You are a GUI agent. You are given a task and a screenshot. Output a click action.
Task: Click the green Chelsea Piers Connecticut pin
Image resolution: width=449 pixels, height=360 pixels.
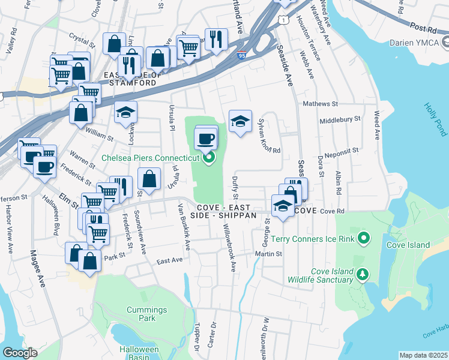tap(209, 158)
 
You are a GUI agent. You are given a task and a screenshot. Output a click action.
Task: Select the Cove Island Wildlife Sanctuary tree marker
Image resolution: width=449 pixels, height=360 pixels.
tap(362, 275)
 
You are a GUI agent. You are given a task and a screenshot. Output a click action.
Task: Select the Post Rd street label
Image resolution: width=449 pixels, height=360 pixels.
tap(423, 28)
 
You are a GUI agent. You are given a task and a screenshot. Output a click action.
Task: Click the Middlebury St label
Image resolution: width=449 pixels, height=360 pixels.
tap(340, 119)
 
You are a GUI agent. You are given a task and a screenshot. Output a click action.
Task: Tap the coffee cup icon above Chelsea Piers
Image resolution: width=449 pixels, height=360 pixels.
tap(206, 139)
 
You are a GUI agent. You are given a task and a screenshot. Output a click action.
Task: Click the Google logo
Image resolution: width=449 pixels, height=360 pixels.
tap(19, 353)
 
